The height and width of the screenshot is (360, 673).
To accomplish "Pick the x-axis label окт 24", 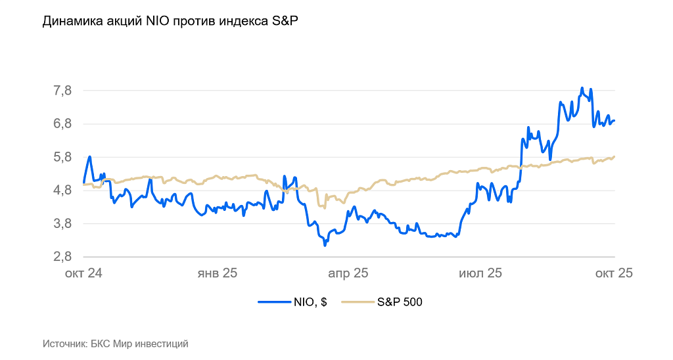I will click(83, 273).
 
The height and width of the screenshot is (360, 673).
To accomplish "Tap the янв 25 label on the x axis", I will click(218, 273).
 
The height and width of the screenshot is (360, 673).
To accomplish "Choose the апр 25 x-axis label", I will click(348, 273).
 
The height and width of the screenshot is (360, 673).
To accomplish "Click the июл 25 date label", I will click(480, 273).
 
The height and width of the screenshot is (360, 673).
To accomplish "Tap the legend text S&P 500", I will click(400, 302).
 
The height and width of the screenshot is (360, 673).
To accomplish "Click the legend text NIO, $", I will click(310, 302).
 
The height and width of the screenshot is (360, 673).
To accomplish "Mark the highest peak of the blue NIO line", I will click(582, 88).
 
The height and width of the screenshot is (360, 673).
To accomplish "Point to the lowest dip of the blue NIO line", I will click(325, 245).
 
